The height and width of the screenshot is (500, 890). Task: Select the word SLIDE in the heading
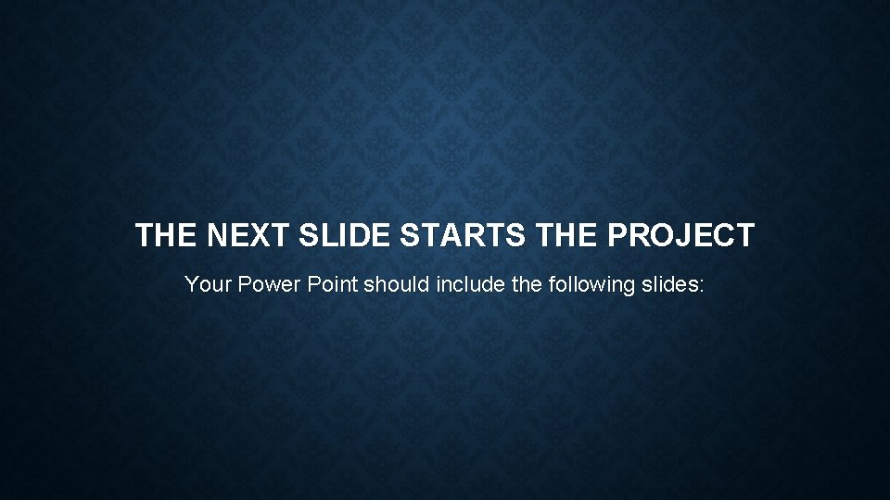pos(350,236)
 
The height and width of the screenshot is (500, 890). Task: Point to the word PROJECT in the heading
pos(681,236)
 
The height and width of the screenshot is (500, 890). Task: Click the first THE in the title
pos(167,236)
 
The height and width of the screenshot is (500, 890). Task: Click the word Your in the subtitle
pos(208,284)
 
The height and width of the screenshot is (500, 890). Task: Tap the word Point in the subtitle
pos(332,284)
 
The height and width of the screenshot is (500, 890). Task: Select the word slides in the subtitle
pos(668,284)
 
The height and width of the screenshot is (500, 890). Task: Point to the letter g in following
pos(628,286)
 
